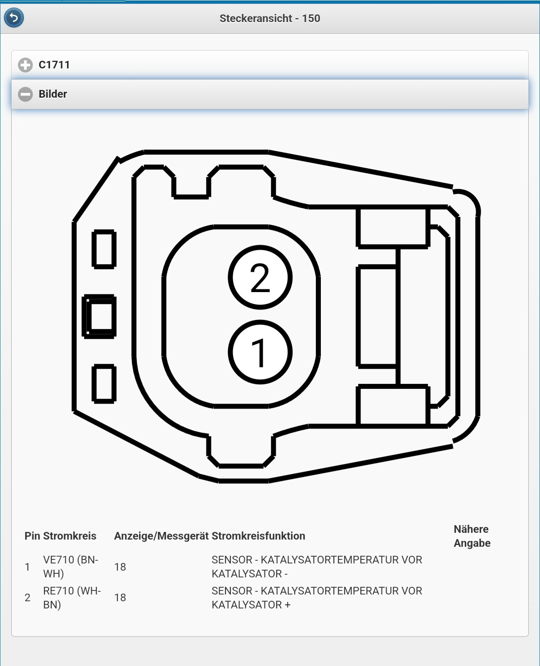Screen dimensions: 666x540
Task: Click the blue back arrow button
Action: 14,18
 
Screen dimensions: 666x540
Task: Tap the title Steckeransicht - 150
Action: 270,18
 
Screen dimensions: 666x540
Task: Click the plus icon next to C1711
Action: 25,65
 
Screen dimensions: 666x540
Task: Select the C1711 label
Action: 54,65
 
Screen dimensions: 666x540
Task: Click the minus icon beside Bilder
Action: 25,94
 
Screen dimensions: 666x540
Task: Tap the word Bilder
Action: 53,94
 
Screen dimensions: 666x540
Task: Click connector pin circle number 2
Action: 260,278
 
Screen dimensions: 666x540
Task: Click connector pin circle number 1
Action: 260,352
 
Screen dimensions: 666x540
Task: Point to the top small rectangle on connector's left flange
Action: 104,249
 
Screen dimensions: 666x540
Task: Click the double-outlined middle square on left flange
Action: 100,316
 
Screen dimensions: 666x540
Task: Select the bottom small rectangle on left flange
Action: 104,383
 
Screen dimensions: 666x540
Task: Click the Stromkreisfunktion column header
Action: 258,536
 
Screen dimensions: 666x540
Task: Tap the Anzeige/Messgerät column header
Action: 161,536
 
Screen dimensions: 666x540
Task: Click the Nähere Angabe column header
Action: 472,536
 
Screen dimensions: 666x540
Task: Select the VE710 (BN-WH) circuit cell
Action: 71,567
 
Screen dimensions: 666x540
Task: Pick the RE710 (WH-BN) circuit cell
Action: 72,598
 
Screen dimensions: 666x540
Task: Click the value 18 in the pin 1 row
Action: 120,567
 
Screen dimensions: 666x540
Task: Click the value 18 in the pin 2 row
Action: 120,598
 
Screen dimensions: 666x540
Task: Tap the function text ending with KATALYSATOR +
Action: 316,598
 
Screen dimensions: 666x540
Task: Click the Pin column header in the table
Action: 32,536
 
